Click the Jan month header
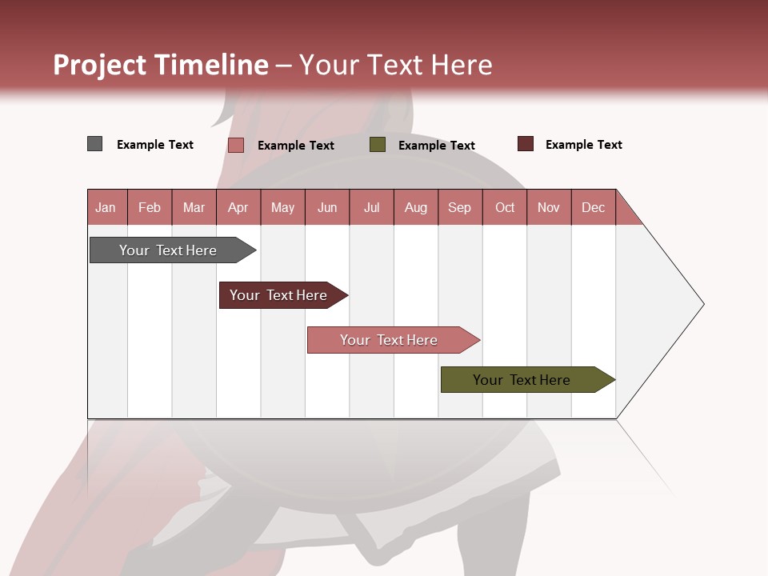tap(106, 207)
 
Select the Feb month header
tap(150, 207)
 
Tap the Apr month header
tap(238, 207)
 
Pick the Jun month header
tap(327, 207)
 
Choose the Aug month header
tap(415, 207)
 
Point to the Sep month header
tap(459, 207)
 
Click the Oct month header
tap(505, 207)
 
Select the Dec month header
tap(593, 207)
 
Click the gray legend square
tap(94, 144)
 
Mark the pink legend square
tap(235, 145)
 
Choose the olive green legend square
tap(378, 145)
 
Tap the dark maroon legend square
tap(525, 144)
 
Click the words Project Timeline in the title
tap(161, 65)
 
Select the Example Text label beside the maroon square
tap(583, 145)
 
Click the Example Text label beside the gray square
tap(155, 145)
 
